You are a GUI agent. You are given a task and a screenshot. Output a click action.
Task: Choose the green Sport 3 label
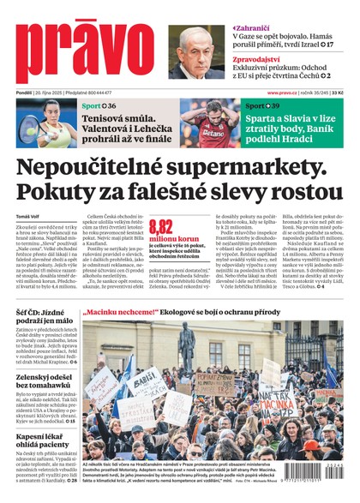click(x=261, y=105)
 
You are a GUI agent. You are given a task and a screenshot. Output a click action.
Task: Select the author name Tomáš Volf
click(x=29, y=216)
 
